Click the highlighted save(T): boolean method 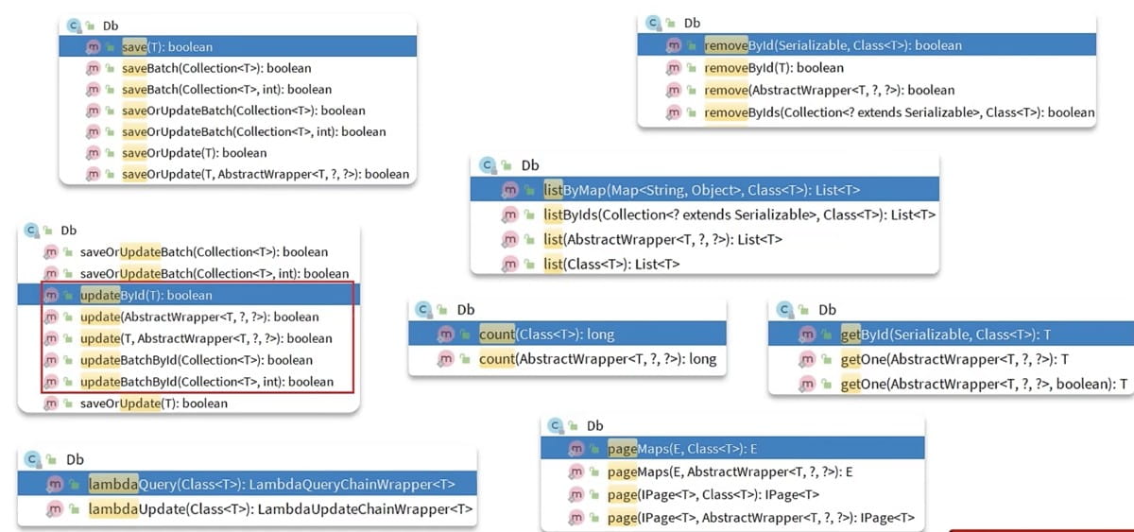coord(167,46)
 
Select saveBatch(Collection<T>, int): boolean coord(227,89)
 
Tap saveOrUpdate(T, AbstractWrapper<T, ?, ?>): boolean coord(266,174)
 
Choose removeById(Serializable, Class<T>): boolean coord(832,45)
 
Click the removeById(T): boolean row coord(773,68)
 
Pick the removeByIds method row coord(899,112)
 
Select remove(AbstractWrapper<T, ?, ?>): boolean coord(829,90)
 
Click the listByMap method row coord(701,190)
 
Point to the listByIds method coord(739,215)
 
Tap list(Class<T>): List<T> coord(611,264)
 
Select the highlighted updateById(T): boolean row coord(146,296)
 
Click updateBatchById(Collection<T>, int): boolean coord(206,382)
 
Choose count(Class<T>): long coord(546,334)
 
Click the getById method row coord(945,334)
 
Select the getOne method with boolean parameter coord(983,383)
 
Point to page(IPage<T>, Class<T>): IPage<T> coord(713,493)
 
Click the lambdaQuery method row coord(271,484)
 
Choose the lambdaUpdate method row coord(280,509)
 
